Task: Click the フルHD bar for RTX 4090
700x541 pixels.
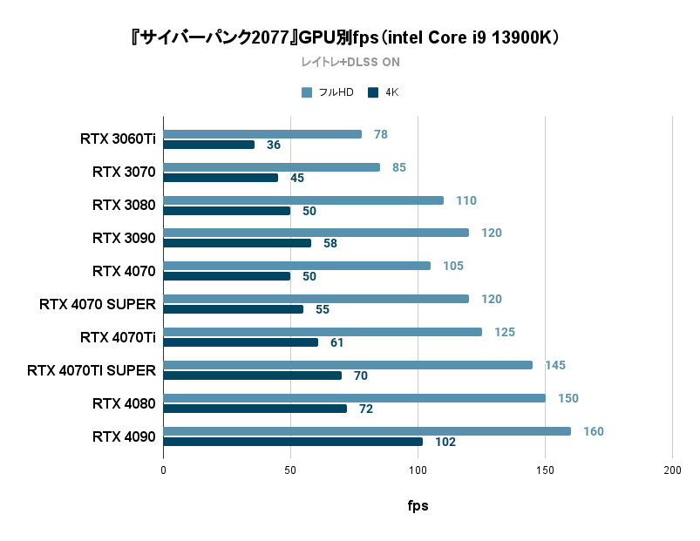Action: pyautogui.click(x=367, y=431)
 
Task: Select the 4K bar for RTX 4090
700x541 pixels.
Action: pyautogui.click(x=293, y=442)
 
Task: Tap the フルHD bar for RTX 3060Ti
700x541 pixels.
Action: pyautogui.click(x=262, y=134)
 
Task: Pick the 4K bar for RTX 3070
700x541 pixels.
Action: pyautogui.click(x=221, y=178)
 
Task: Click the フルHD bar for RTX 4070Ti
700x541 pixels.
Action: pyautogui.click(x=323, y=332)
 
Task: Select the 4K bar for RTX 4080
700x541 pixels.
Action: pyautogui.click(x=255, y=409)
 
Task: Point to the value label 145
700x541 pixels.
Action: pyautogui.click(x=555, y=365)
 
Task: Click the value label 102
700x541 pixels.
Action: pyautogui.click(x=445, y=442)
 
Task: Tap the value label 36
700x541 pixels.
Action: pyautogui.click(x=274, y=145)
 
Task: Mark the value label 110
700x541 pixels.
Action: pyautogui.click(x=466, y=200)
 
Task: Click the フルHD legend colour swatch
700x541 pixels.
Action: pyautogui.click(x=307, y=92)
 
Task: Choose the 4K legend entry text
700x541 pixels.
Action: pyautogui.click(x=391, y=92)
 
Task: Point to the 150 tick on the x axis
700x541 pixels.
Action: pyautogui.click(x=545, y=470)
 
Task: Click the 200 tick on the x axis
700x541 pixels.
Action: pyautogui.click(x=672, y=470)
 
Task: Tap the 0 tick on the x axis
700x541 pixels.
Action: pyautogui.click(x=163, y=470)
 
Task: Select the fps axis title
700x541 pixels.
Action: pyautogui.click(x=418, y=505)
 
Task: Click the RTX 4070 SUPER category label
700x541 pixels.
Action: pyautogui.click(x=98, y=304)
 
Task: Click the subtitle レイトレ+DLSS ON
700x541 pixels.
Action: pyautogui.click(x=350, y=62)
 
